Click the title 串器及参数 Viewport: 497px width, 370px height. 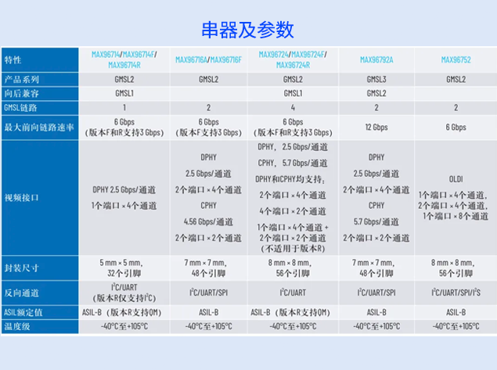pos(247,30)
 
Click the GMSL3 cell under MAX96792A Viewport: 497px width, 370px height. pos(376,79)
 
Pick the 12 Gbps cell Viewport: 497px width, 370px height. pos(376,127)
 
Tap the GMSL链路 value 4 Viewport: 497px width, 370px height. pos(293,107)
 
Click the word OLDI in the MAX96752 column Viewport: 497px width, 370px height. pos(456,178)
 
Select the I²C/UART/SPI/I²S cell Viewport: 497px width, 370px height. pos(456,292)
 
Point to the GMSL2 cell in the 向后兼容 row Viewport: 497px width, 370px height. pos(376,93)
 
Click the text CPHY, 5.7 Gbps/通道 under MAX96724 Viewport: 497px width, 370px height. pos(293,163)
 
